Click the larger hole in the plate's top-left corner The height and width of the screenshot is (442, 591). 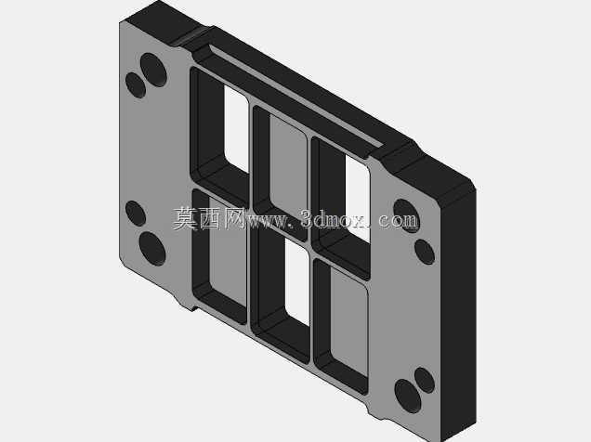click(x=153, y=70)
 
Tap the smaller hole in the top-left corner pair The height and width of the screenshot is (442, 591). click(x=136, y=85)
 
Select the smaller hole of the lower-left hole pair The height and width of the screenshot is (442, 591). click(x=136, y=214)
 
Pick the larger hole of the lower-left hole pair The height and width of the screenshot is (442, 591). click(x=152, y=249)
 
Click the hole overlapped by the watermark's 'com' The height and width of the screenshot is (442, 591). click(x=406, y=215)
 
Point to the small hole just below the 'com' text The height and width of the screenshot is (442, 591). click(x=425, y=252)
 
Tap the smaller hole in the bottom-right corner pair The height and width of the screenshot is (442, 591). click(x=425, y=381)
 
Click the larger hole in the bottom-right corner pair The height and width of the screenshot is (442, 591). click(x=408, y=396)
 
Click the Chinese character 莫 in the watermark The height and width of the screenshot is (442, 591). click(x=186, y=218)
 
